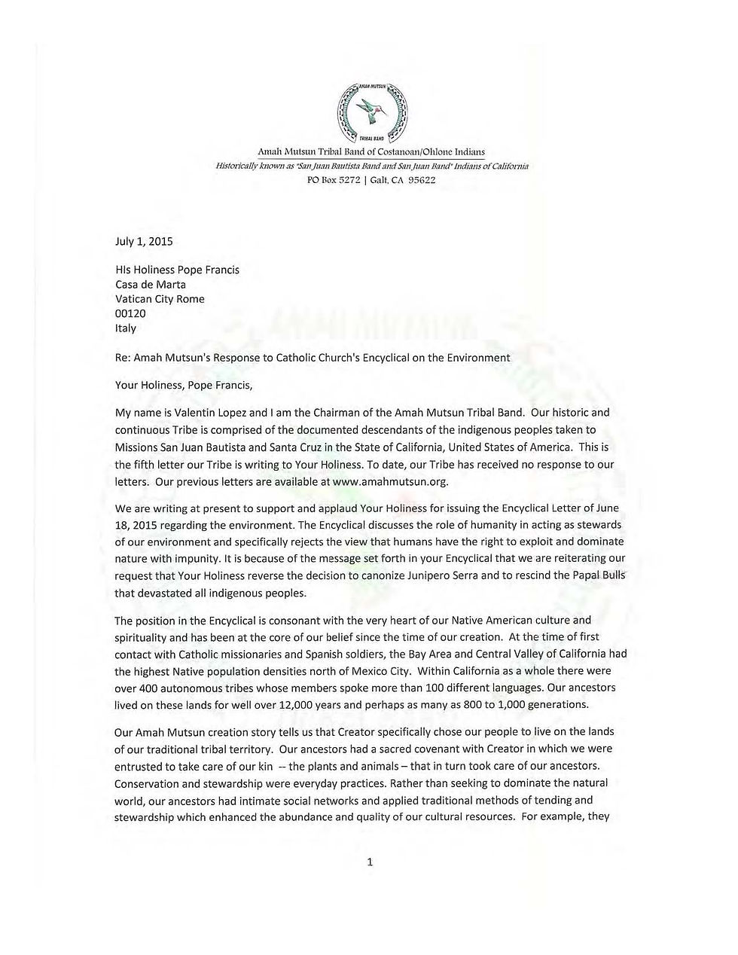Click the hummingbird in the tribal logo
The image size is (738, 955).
[x=371, y=108]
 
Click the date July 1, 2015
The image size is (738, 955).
[x=144, y=242]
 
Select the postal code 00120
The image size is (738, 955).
[x=130, y=313]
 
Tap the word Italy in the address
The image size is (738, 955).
[x=126, y=328]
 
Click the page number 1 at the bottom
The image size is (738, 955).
[x=370, y=862]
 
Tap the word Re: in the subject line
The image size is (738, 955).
[x=122, y=358]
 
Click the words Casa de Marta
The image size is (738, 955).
[x=150, y=285]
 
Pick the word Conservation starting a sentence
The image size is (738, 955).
[x=147, y=783]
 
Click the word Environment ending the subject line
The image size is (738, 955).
[x=479, y=358]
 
